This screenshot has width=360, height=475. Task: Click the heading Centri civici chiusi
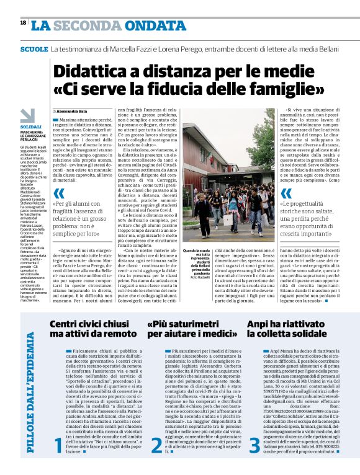coord(88,323)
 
